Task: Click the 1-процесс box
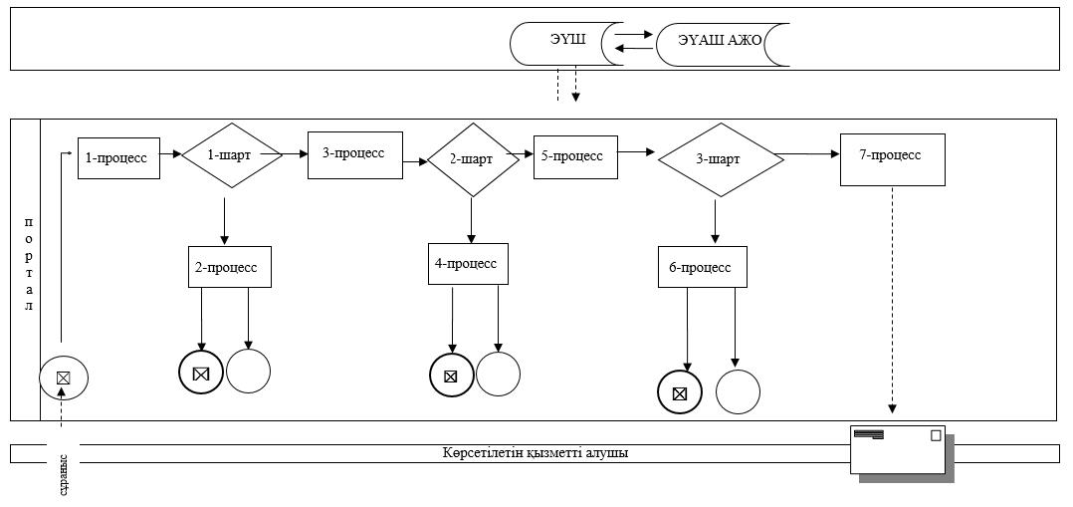point(119,157)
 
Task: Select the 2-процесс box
point(230,267)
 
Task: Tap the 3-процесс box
point(354,154)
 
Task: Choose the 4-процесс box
point(468,263)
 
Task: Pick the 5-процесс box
point(575,156)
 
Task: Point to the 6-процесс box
point(703,267)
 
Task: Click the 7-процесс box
point(892,158)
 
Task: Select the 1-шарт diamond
point(232,154)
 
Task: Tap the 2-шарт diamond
point(473,160)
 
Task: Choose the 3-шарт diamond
point(721,160)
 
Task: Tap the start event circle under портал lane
point(64,377)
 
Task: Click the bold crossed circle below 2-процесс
point(201,374)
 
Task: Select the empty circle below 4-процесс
point(498,375)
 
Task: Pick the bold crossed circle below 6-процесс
point(680,393)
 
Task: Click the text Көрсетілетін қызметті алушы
point(536,453)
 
